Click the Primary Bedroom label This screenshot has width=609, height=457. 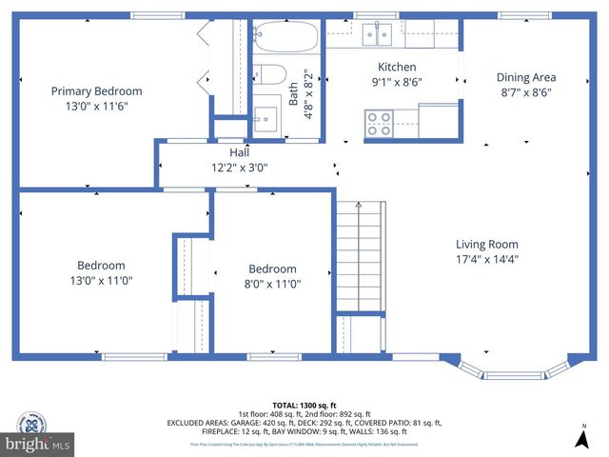(96, 91)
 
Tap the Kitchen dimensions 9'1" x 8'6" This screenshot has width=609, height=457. (397, 82)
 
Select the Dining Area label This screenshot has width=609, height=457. (526, 77)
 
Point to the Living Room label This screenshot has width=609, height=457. (486, 244)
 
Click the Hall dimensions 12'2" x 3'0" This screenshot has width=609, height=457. (239, 168)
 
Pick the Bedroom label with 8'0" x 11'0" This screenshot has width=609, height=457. (272, 268)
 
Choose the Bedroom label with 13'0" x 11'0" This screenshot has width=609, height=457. (101, 266)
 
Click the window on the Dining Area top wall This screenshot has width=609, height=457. (524, 15)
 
